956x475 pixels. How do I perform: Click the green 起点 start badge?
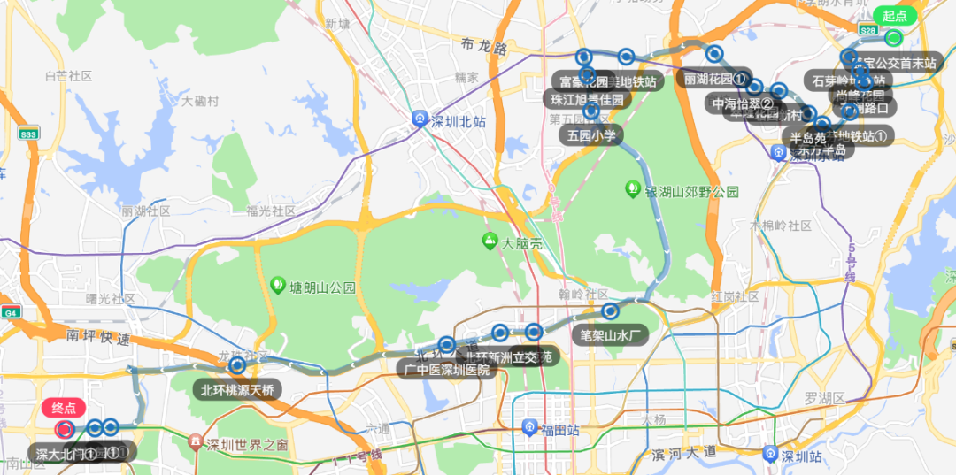tap(894, 16)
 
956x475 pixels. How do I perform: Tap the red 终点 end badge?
tap(64, 408)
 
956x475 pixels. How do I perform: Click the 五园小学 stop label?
tap(592, 135)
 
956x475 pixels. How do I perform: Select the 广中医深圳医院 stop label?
tap(446, 369)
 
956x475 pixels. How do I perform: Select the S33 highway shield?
tap(28, 134)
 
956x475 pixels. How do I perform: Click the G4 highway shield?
tap(11, 312)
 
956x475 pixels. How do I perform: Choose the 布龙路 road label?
tap(484, 47)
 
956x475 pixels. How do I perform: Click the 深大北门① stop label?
tap(66, 454)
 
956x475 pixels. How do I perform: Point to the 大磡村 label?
tap(200, 101)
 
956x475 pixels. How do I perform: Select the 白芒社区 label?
tap(68, 77)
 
